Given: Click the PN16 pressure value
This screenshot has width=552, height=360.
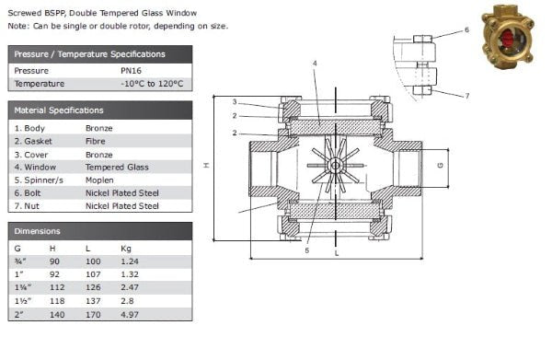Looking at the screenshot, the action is [131, 71].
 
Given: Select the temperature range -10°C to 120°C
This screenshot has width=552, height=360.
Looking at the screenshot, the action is [152, 84].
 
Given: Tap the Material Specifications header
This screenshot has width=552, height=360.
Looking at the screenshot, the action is [59, 110].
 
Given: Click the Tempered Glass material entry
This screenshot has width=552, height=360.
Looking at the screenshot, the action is [117, 167].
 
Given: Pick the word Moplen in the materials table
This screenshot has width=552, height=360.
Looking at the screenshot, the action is [99, 180].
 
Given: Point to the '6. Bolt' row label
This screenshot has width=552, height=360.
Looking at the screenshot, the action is [28, 193].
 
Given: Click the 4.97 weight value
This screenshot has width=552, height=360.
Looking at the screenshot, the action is [130, 314].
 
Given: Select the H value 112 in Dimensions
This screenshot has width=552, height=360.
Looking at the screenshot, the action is [57, 287].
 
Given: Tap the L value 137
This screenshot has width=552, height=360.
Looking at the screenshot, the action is [93, 301].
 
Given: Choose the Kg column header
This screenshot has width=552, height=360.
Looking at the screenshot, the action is [126, 249].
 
